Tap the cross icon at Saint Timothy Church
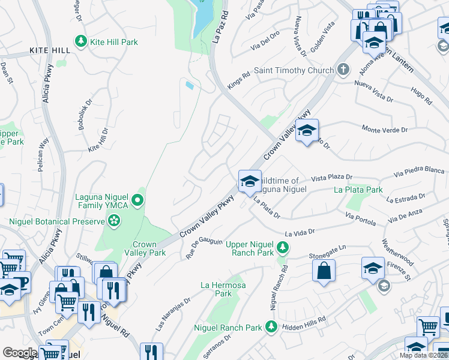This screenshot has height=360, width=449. tap(343, 70)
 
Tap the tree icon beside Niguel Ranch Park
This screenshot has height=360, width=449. tap(271, 326)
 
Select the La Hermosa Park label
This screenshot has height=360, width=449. tap(223, 289)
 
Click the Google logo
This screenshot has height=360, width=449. tap(20, 353)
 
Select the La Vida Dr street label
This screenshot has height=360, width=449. tap(300, 232)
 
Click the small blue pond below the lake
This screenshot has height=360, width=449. tap(190, 85)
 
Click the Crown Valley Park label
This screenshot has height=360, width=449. tap(145, 248)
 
